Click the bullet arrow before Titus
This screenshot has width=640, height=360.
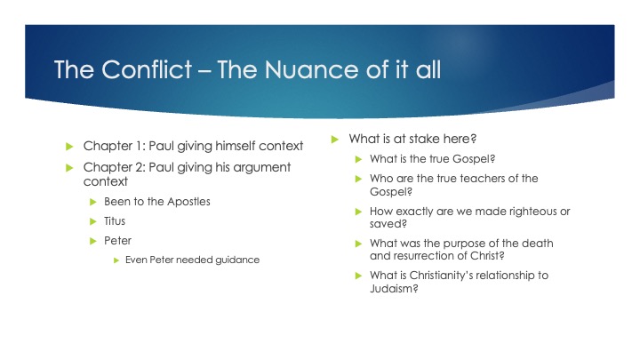[92, 221]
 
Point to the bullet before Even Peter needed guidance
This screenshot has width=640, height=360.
[116, 260]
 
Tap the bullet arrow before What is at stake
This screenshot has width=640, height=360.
[334, 139]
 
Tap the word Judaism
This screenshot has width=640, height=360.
[393, 288]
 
